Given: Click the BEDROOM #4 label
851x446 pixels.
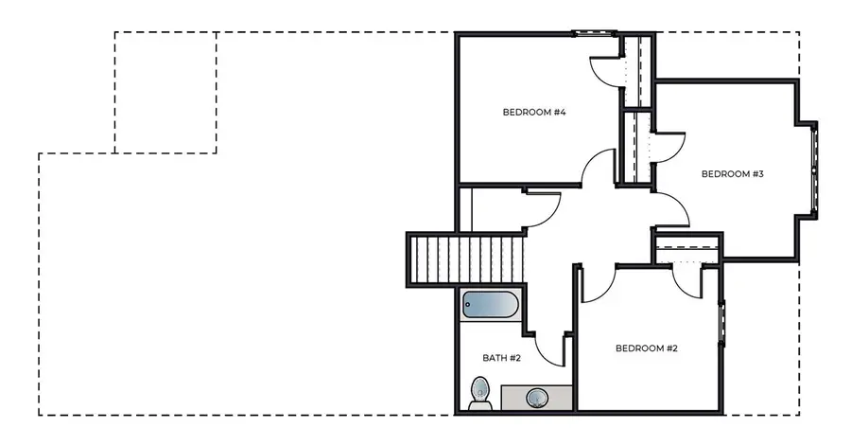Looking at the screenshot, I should (x=533, y=113).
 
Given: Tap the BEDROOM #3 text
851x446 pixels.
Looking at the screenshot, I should (x=732, y=174).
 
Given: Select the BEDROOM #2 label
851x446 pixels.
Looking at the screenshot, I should (x=647, y=348).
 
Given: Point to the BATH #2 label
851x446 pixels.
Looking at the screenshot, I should (x=502, y=358).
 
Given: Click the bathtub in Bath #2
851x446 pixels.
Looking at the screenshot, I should (x=488, y=306).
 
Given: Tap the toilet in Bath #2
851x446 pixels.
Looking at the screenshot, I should (x=480, y=392).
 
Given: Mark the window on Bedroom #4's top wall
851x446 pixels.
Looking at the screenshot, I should (x=596, y=34).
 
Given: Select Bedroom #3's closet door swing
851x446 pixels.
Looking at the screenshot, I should (x=668, y=148).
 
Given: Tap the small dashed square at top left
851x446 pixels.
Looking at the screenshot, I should (x=165, y=92).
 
